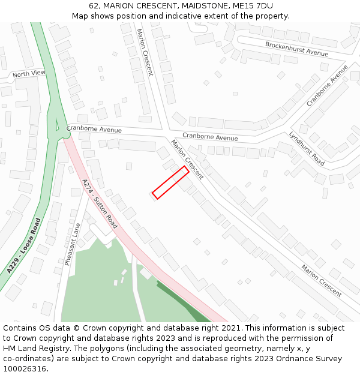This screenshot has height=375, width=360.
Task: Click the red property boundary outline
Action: click(x=171, y=182)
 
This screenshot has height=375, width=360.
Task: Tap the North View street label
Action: click(x=29, y=74)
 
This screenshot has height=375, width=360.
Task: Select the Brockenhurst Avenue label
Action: click(x=296, y=49)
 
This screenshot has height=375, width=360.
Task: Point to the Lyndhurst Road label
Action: click(x=307, y=149)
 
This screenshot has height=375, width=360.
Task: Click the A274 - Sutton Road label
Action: click(x=100, y=203)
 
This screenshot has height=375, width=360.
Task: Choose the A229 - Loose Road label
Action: click(x=24, y=246)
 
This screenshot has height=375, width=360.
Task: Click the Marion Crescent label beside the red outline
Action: click(x=187, y=159)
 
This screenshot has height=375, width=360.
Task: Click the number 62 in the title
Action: click(x=94, y=6)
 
